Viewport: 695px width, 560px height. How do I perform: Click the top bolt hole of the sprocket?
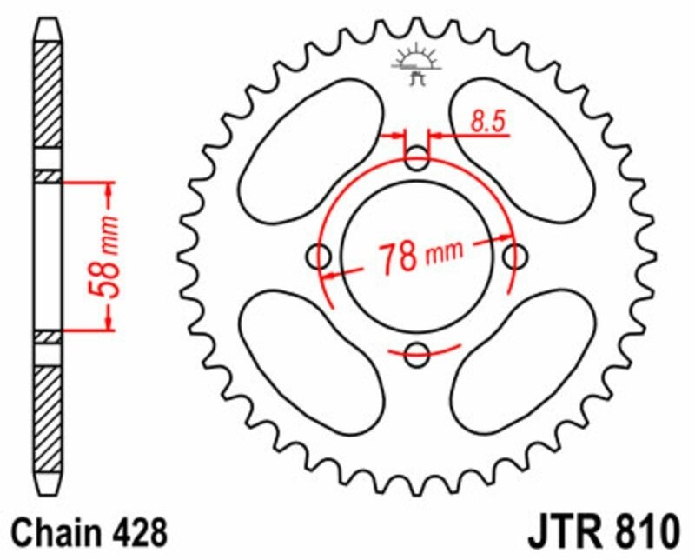[x=417, y=158]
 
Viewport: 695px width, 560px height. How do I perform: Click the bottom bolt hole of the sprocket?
[x=417, y=354]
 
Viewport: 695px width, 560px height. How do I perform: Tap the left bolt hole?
[x=319, y=257]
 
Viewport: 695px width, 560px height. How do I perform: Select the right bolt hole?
[x=515, y=257]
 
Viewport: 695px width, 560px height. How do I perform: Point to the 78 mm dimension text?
[x=420, y=256]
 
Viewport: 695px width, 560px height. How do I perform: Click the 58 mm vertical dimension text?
[x=104, y=257]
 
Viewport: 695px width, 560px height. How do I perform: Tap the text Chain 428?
[x=89, y=533]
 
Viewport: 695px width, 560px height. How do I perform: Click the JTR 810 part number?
[x=603, y=531]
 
